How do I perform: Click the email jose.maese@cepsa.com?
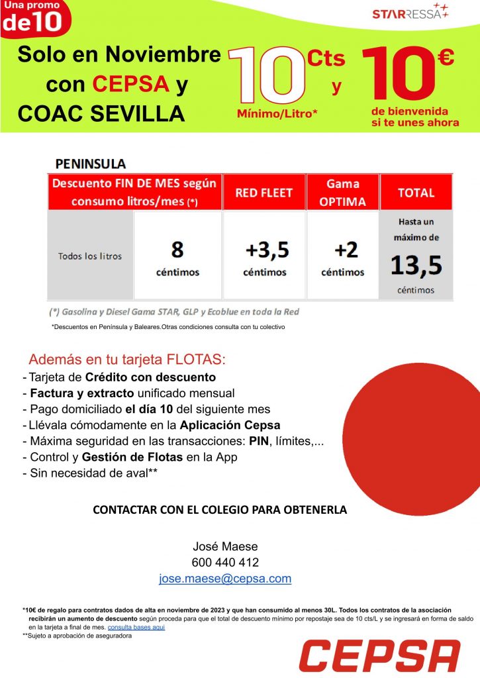pyautogui.click(x=225, y=578)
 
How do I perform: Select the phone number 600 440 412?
pyautogui.click(x=225, y=562)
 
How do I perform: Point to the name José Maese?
pyautogui.click(x=225, y=546)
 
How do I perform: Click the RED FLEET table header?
pyautogui.click(x=264, y=193)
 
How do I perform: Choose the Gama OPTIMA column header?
pyautogui.click(x=342, y=193)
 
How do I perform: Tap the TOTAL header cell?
pyautogui.click(x=416, y=193)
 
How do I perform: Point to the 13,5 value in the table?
pyautogui.click(x=416, y=265)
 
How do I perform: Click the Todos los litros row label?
pyautogui.click(x=89, y=256)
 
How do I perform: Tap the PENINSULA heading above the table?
pyautogui.click(x=91, y=163)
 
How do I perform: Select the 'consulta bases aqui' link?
pyautogui.click(x=136, y=626)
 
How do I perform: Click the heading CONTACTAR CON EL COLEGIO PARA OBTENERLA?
pyautogui.click(x=220, y=510)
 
